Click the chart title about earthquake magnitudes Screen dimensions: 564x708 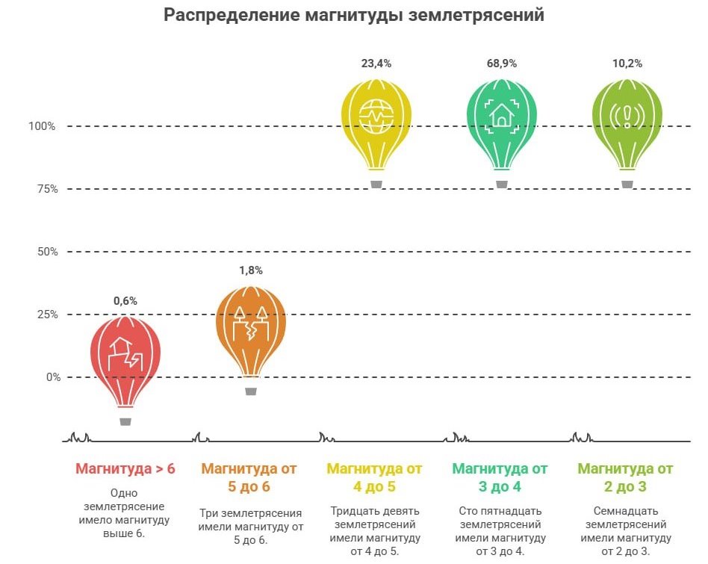354,15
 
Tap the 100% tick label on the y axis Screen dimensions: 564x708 43,126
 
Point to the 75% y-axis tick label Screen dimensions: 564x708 46,189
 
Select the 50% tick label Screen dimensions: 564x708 46,252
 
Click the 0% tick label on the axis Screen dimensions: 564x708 52,377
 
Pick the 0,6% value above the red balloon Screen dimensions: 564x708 125,301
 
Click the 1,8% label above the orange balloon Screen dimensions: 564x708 251,270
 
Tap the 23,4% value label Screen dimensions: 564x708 376,63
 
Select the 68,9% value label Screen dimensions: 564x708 502,63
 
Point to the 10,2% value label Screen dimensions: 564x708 627,63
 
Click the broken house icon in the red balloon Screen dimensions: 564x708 125,354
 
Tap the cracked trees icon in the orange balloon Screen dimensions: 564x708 251,324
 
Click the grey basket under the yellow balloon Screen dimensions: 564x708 376,184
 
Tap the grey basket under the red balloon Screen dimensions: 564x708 125,421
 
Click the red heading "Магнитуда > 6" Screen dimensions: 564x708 125,469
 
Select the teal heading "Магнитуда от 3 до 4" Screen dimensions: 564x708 500,478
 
